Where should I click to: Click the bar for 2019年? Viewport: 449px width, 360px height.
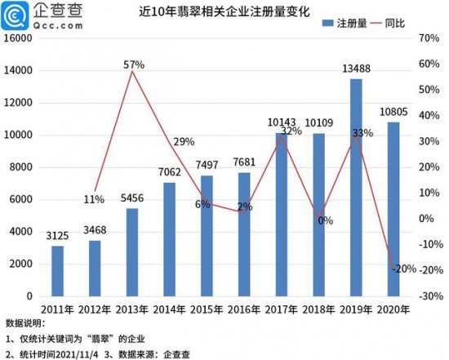(x=355, y=188)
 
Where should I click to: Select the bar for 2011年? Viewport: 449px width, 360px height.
(x=57, y=270)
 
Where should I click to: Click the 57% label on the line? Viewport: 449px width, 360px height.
(x=135, y=64)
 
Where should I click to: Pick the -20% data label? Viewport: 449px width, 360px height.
(x=403, y=269)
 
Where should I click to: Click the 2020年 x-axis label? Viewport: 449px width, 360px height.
(x=393, y=309)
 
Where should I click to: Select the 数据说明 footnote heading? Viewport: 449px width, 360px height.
(x=24, y=324)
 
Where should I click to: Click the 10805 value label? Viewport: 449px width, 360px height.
(x=394, y=111)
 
